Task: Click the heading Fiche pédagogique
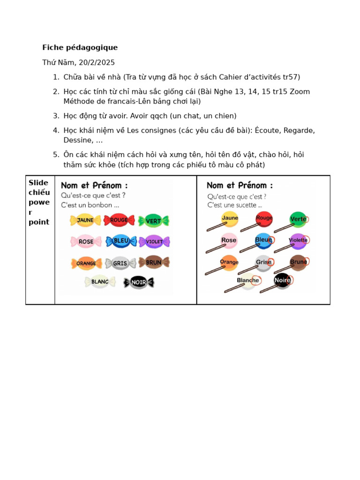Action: coord(80,47)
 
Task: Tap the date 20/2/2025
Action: coord(97,62)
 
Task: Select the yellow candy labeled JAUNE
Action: coord(85,220)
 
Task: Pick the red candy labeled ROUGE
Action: coord(119,220)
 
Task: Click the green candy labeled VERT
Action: coord(153,221)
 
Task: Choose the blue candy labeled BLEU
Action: coord(121,241)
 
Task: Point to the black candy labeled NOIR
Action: coord(139,282)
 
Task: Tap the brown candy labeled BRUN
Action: coord(154,262)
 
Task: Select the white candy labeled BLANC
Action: coord(100,282)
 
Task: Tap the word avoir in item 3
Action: coord(118,116)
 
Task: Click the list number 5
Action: coord(56,155)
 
